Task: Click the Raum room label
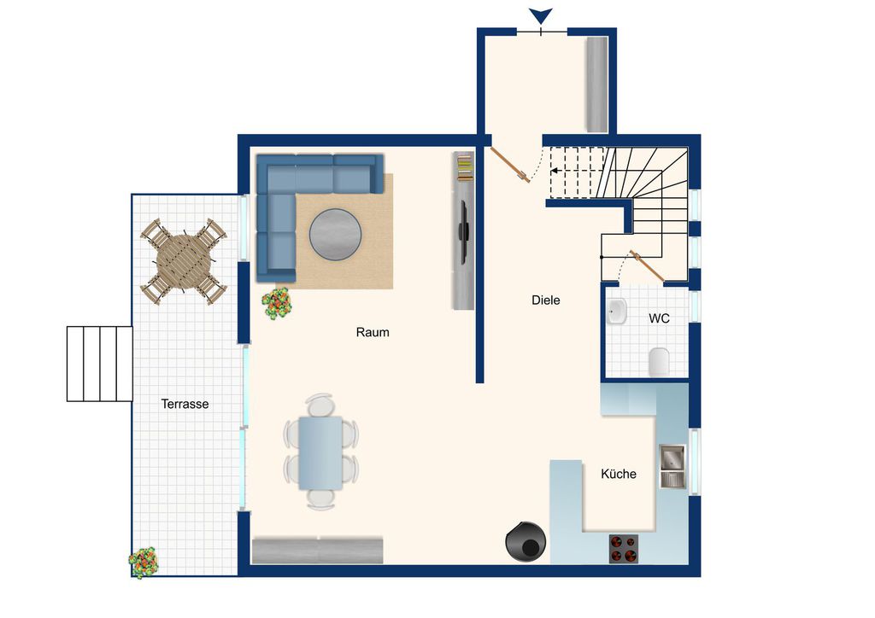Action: click(373, 332)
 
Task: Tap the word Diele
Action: click(545, 300)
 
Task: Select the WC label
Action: click(659, 318)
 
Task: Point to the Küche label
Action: click(619, 474)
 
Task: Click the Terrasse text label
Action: click(185, 404)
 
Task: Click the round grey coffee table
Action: click(335, 235)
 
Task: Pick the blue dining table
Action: click(320, 453)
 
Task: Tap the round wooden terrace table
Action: click(184, 261)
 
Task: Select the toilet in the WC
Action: click(659, 361)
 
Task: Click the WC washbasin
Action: click(616, 312)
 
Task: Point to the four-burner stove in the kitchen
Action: click(623, 548)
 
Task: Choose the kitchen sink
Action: click(672, 466)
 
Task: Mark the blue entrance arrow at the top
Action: click(541, 15)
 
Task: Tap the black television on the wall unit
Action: click(463, 230)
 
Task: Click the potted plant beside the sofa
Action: click(277, 304)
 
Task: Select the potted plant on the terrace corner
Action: click(144, 563)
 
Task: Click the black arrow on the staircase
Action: click(557, 171)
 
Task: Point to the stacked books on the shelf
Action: click(465, 167)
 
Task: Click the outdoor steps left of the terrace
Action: click(100, 364)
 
